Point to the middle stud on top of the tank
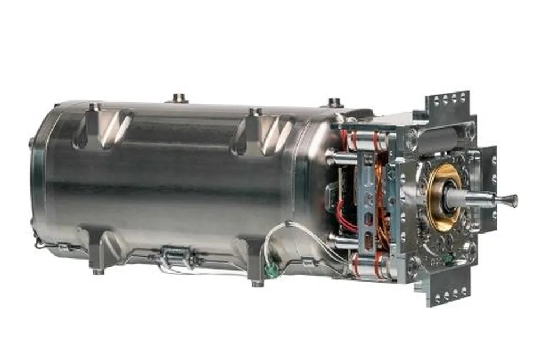click(x=180, y=98)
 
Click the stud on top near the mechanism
click(x=334, y=102)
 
